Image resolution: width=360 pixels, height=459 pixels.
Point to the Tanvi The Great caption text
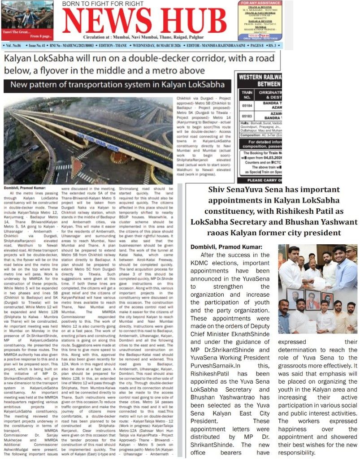point(17,30)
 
